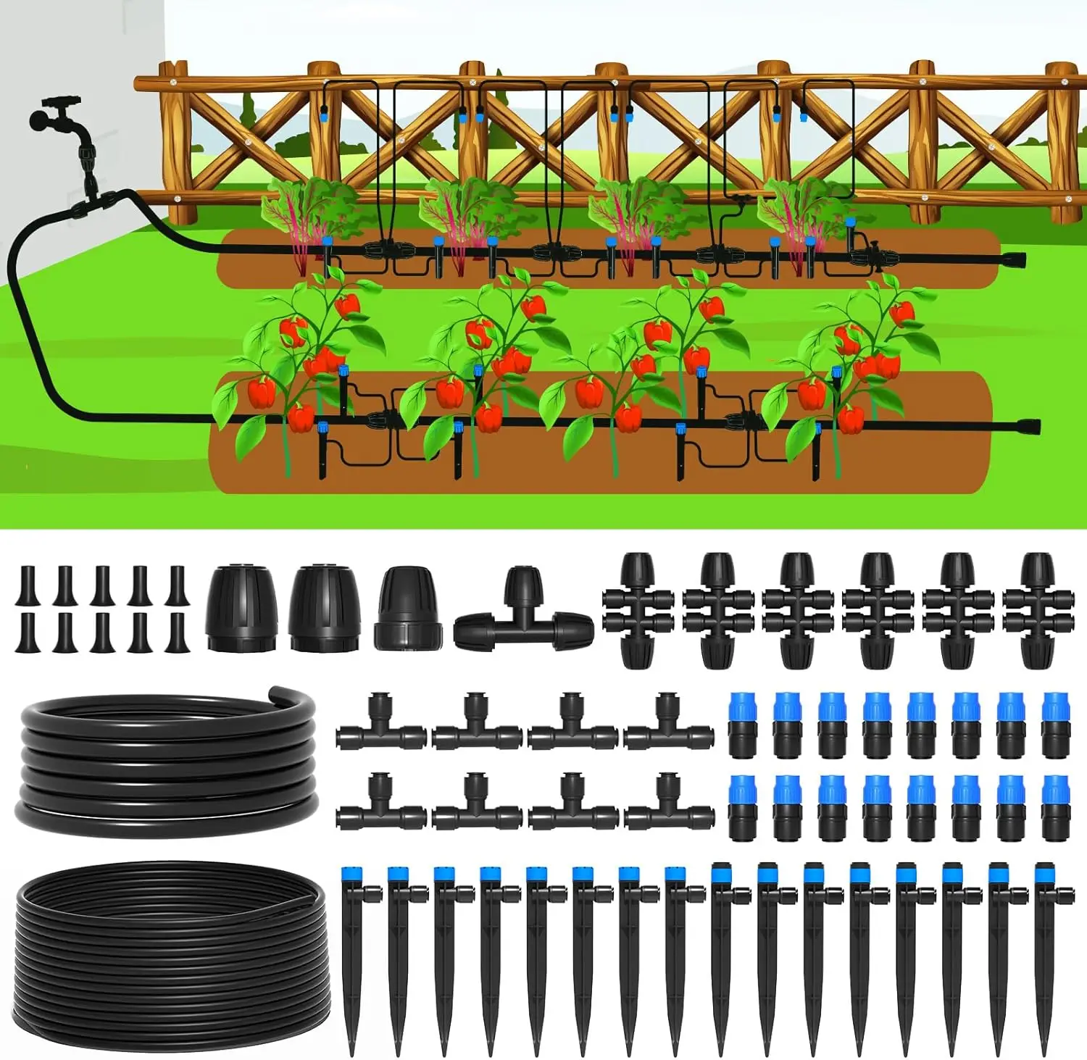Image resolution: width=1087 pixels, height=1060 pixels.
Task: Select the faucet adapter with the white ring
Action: pyautogui.click(x=408, y=609)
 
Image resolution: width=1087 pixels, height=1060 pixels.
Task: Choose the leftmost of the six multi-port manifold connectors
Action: pyautogui.click(x=638, y=609)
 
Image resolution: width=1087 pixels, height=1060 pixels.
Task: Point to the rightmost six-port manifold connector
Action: pyautogui.click(x=1038, y=609)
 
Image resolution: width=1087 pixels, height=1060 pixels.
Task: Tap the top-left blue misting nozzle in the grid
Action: pyautogui.click(x=742, y=725)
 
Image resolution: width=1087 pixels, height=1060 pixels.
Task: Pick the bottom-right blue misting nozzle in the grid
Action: pyautogui.click(x=1054, y=808)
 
